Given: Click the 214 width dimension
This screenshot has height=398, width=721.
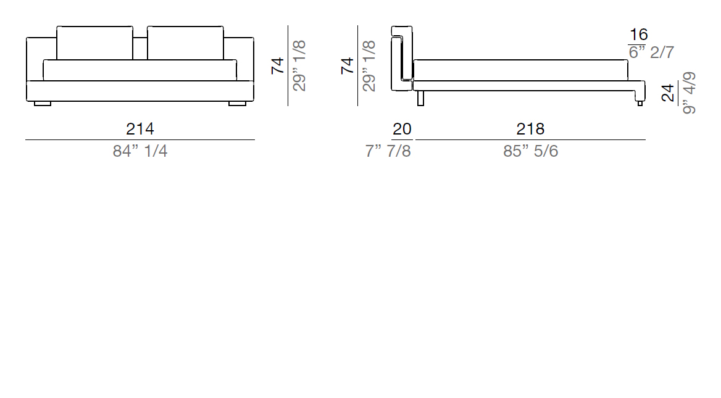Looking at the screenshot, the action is coord(140,129).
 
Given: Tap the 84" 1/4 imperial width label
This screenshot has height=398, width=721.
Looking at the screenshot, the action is coord(140,151).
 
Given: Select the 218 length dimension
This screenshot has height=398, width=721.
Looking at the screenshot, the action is coord(530,129).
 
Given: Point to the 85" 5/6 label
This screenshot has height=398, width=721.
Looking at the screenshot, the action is coord(531,151).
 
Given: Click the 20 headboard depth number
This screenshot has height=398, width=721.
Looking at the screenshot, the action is coord(402,129).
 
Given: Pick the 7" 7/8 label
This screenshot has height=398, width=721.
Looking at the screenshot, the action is coord(388,151).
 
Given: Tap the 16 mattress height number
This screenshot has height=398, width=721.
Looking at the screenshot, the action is coord(638,35).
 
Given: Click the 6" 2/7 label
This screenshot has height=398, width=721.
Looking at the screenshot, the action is coord(651,52).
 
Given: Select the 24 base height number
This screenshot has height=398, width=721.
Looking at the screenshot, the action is coord(668,93).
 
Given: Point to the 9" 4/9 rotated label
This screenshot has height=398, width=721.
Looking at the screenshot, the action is coord(689,93).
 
